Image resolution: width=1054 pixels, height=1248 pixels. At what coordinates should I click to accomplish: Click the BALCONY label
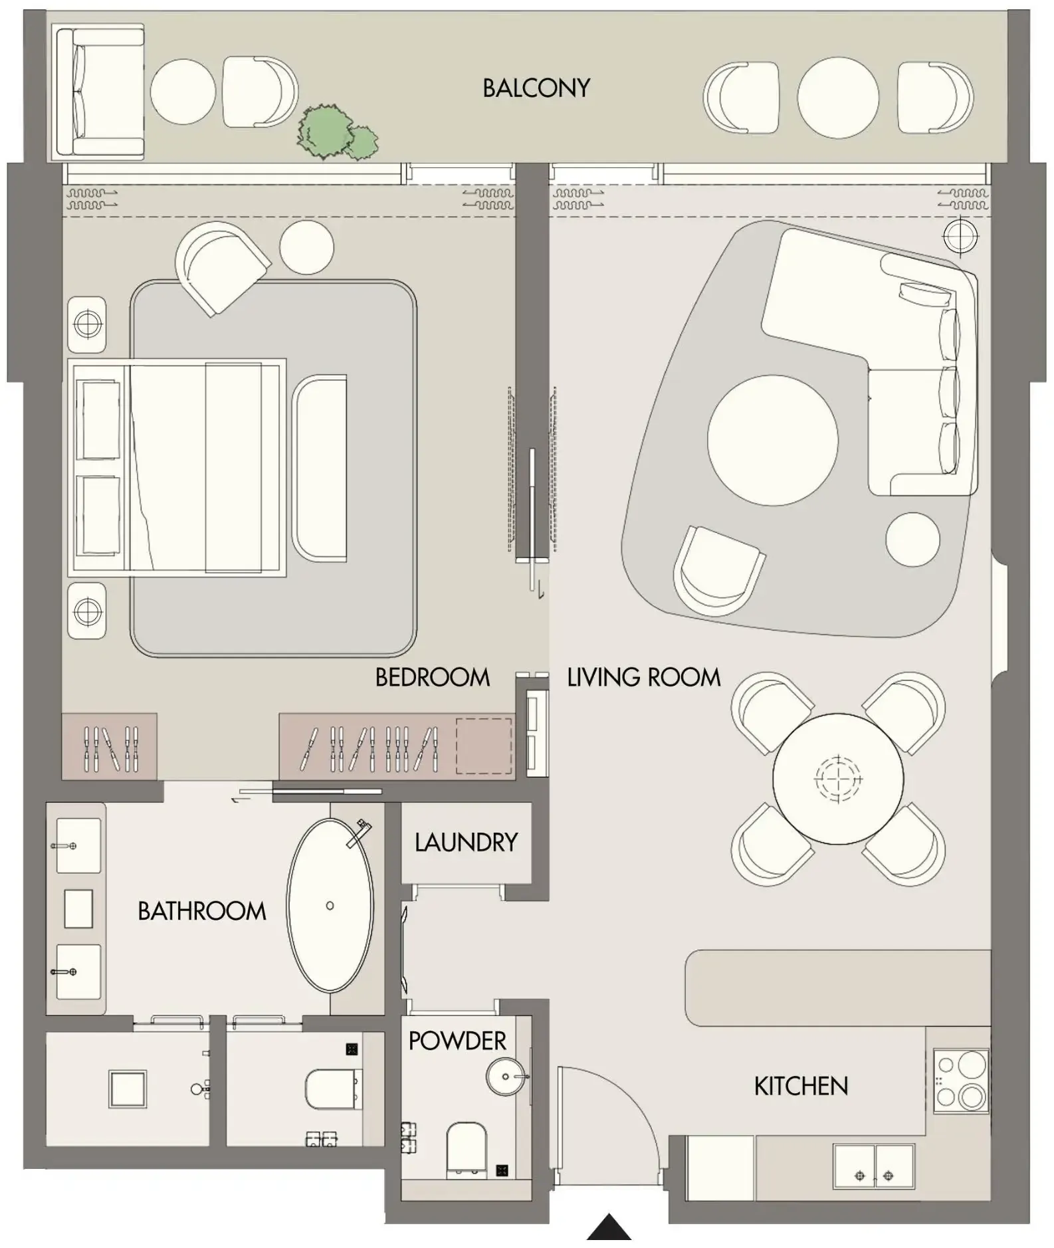coord(536,88)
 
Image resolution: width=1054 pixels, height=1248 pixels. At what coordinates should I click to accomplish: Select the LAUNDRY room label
coord(466,842)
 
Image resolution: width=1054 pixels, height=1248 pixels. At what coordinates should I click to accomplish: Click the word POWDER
coord(457,1040)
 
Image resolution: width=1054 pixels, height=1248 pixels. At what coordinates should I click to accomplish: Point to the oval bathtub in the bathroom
coord(330,905)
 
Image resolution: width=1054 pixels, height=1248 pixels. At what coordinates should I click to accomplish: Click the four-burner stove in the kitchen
coord(960,1081)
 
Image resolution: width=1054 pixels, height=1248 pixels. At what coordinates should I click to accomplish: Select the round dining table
coord(838,778)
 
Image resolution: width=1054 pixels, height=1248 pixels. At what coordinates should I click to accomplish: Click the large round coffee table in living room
coord(772,440)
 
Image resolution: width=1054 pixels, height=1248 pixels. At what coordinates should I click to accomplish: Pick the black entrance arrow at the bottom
coord(609,1227)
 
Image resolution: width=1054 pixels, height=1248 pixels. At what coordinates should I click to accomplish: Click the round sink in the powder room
coord(506,1077)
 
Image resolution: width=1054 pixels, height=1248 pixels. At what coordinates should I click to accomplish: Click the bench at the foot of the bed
coord(320,468)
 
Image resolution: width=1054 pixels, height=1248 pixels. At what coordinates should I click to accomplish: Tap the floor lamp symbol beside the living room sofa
coord(960,235)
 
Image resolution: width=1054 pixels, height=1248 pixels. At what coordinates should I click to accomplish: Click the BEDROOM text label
coord(433,677)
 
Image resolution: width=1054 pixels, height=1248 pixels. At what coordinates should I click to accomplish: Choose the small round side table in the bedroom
coord(306,247)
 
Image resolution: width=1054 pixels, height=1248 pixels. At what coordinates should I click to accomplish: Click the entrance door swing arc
coord(631,1096)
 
